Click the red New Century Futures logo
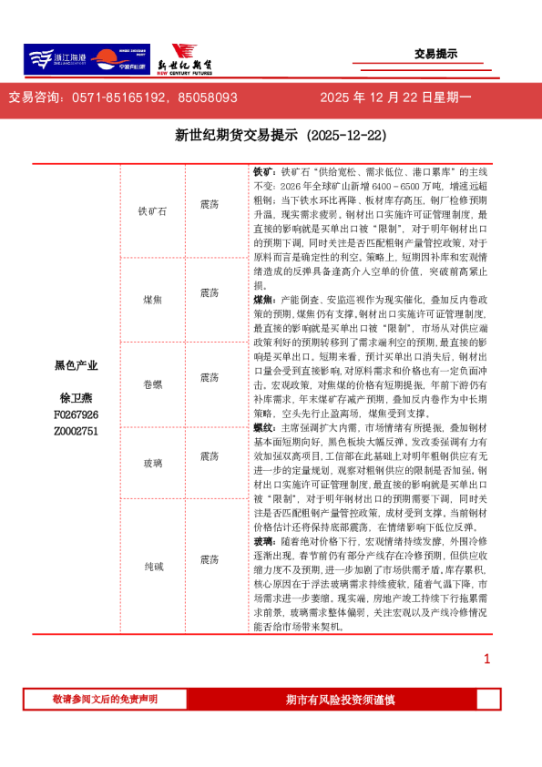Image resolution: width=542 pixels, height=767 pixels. pos(188,59)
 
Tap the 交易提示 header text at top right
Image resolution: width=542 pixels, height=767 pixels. pos(435,54)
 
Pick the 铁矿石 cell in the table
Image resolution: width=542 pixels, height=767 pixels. pos(152,210)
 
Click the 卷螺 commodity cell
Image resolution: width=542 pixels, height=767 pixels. pos(152,377)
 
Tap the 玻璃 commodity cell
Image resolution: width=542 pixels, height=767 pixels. pos(152,464)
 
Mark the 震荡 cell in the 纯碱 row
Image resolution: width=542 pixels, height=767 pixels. pos(209,558)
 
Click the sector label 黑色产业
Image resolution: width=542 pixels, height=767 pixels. pos(76,365)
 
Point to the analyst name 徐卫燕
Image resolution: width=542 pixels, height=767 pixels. pos(76,398)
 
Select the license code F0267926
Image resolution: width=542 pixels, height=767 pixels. pos(76,414)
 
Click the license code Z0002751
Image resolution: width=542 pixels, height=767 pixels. pos(76,431)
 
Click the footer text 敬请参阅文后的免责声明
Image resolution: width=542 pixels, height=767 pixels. pos(105,699)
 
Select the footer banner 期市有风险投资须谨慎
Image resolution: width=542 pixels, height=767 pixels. pos(340,699)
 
